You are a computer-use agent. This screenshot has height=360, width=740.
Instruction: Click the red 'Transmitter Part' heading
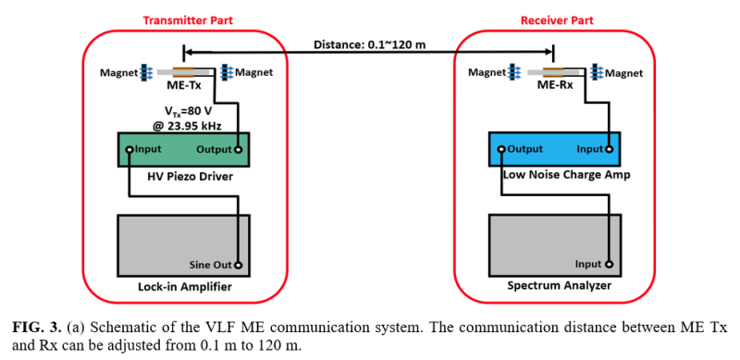pyautogui.click(x=188, y=20)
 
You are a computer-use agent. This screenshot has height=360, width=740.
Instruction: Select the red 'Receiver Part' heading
pyautogui.click(x=557, y=20)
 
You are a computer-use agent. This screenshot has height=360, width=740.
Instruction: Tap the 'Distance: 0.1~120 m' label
pyautogui.click(x=368, y=45)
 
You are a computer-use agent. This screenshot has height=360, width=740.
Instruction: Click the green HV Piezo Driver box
pyautogui.click(x=183, y=149)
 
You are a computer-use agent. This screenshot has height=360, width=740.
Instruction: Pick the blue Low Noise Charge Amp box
pyautogui.click(x=554, y=149)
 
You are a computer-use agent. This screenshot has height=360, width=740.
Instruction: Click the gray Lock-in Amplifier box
pyautogui.click(x=183, y=245)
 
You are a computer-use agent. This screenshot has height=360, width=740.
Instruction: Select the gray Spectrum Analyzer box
pyautogui.click(x=554, y=245)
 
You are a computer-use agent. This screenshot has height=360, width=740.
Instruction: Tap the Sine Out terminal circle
pyautogui.click(x=239, y=265)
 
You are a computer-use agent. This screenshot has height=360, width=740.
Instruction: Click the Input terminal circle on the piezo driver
pyautogui.click(x=129, y=150)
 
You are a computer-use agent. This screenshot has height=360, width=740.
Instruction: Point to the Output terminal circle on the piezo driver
pyautogui.click(x=239, y=150)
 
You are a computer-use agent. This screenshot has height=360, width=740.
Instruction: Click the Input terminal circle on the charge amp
pyautogui.click(x=609, y=150)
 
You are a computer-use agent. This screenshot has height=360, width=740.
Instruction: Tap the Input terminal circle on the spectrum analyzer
pyautogui.click(x=609, y=264)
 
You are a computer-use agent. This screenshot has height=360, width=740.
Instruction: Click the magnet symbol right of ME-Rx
pyautogui.click(x=597, y=72)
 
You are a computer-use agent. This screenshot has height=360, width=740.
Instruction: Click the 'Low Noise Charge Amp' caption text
pyautogui.click(x=561, y=175)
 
